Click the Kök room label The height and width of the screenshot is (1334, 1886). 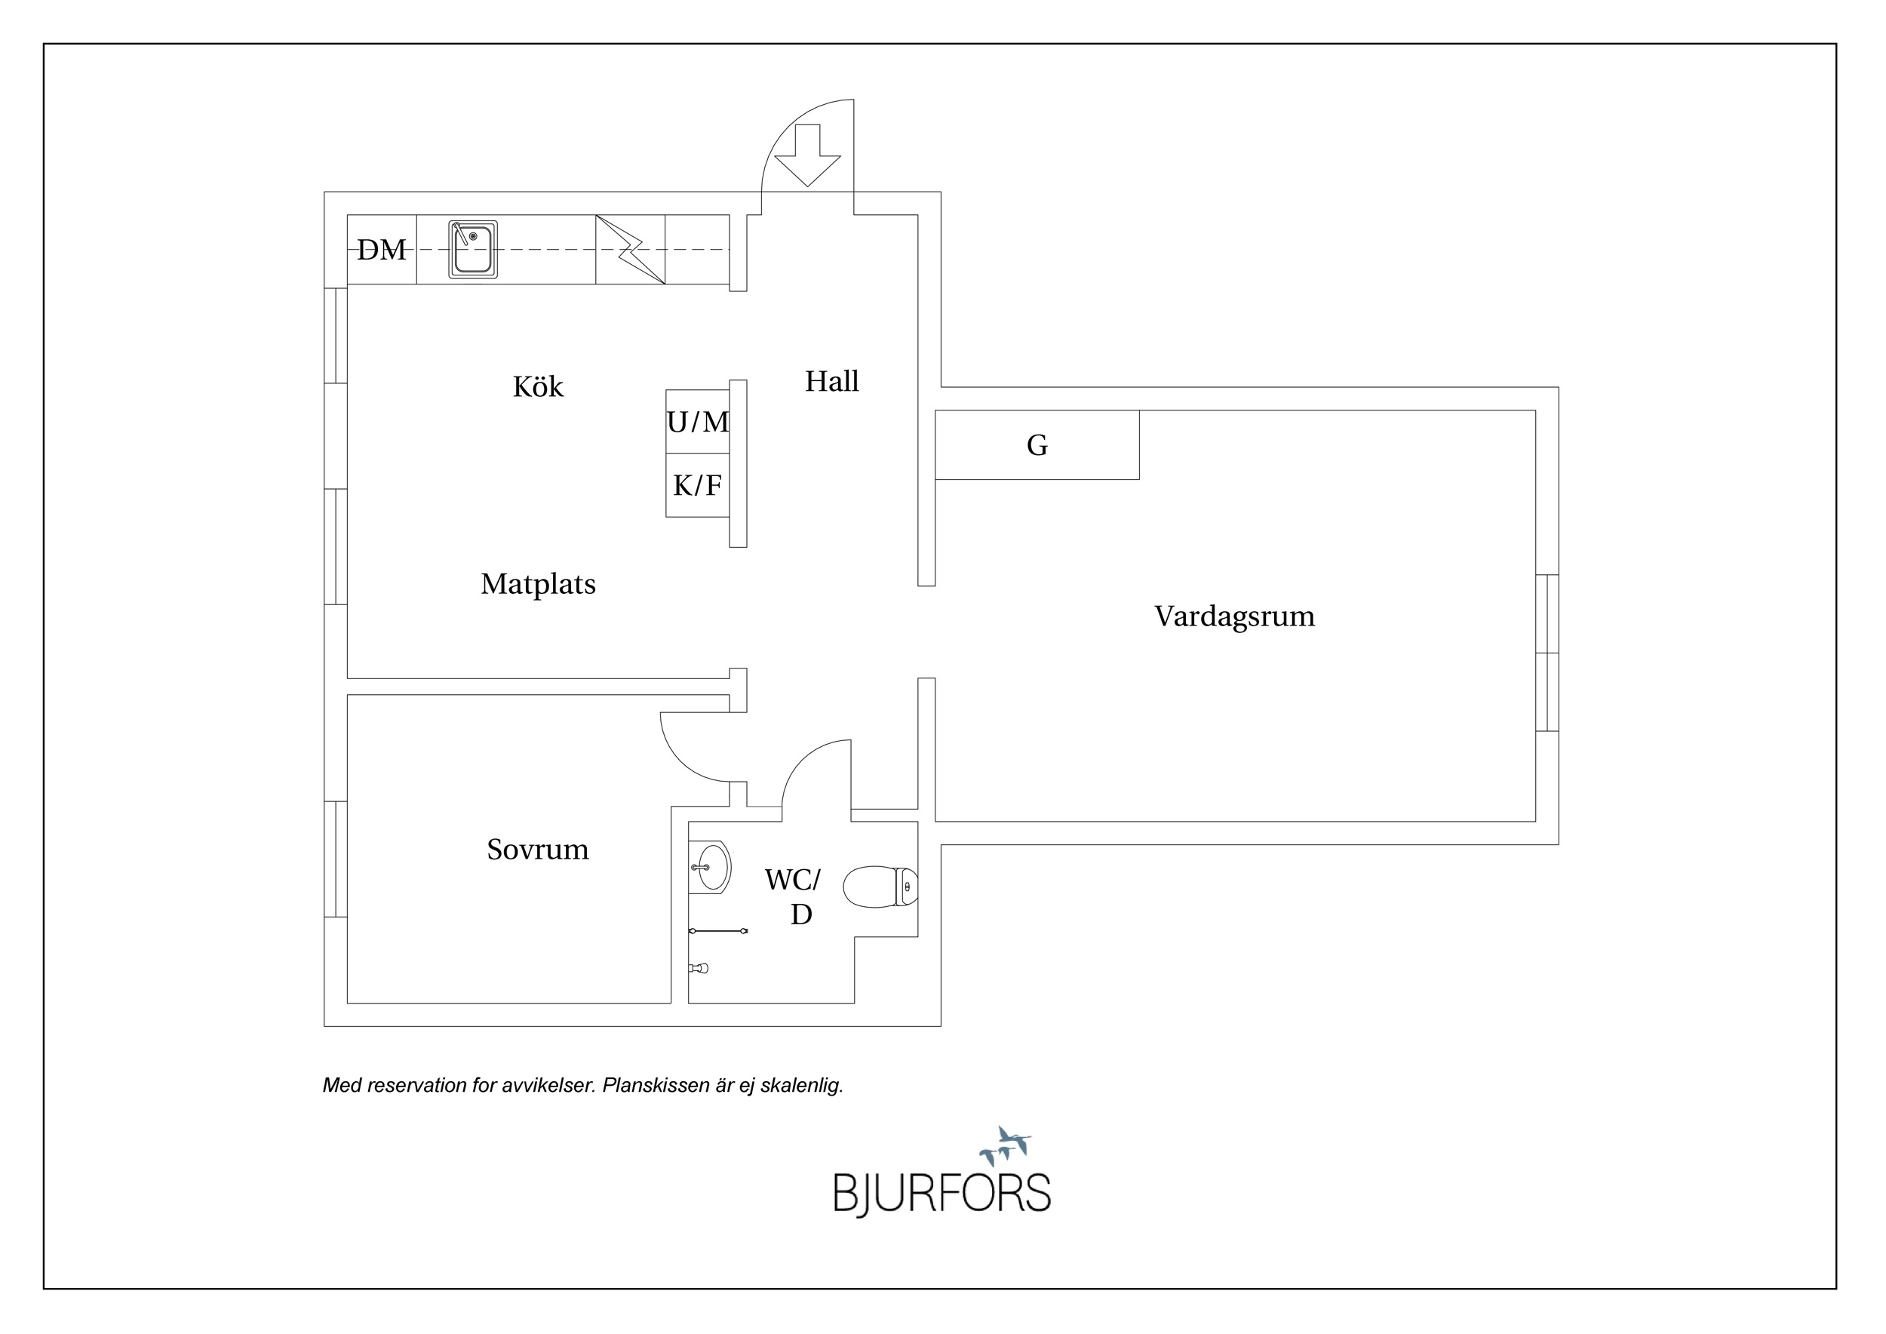[538, 386]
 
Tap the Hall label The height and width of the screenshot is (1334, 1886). [831, 381]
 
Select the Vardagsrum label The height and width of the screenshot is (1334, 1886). [1235, 617]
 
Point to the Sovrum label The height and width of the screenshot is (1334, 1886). [538, 850]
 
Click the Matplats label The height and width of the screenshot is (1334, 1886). [538, 584]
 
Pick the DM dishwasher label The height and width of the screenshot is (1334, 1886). [381, 250]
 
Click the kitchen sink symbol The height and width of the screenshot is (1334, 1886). [473, 249]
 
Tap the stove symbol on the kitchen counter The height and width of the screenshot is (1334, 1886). [630, 250]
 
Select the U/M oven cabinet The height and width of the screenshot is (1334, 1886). [697, 421]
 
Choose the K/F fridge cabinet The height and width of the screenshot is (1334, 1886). [697, 485]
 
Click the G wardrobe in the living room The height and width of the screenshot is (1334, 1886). [1037, 444]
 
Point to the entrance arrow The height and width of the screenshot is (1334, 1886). [807, 155]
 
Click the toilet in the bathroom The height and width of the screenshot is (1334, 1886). [880, 887]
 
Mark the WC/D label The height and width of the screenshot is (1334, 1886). [794, 897]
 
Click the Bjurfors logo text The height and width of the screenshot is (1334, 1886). [942, 1194]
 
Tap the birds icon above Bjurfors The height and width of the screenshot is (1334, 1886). [1005, 1146]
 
